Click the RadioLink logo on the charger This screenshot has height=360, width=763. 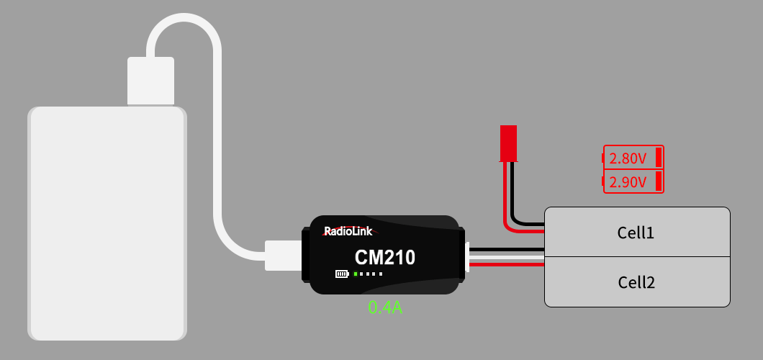point(349,231)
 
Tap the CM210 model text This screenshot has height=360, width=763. point(384,257)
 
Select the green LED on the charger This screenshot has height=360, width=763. point(356,274)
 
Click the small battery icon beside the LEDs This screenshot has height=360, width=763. point(342,274)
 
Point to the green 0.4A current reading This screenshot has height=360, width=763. point(385,307)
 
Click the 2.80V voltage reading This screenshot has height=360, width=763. point(628,158)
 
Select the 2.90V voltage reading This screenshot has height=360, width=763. point(628,182)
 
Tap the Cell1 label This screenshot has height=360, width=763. point(636,233)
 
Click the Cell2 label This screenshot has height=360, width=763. point(636,282)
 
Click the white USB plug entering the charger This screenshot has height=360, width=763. point(283,256)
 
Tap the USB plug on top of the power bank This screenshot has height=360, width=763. point(150,81)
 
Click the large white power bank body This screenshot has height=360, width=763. point(107,223)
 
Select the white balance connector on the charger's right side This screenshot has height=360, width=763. point(467,257)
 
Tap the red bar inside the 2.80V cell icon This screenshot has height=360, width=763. point(659,157)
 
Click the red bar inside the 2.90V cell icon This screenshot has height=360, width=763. point(659,181)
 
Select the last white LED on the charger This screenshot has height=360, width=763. point(381,274)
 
